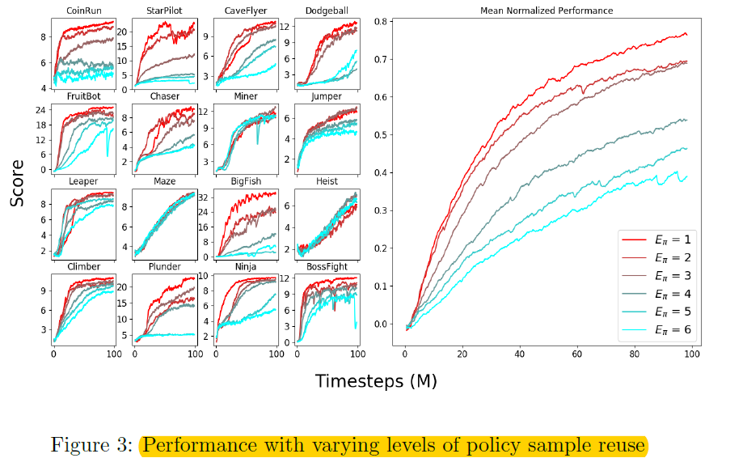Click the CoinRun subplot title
tap(83, 11)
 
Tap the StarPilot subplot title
tap(164, 11)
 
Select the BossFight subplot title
tap(327, 266)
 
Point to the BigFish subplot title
tap(245, 181)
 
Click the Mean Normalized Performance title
tap(546, 11)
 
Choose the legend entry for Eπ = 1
tap(656, 240)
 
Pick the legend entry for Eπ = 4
tap(656, 294)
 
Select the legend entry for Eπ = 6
tap(656, 329)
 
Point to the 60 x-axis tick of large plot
tap(576, 354)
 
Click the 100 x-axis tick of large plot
tap(691, 354)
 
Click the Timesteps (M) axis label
tap(376, 381)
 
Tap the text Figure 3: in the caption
tap(91, 446)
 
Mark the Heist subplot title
tap(327, 181)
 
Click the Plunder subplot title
tap(164, 266)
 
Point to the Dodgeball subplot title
tap(327, 11)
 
